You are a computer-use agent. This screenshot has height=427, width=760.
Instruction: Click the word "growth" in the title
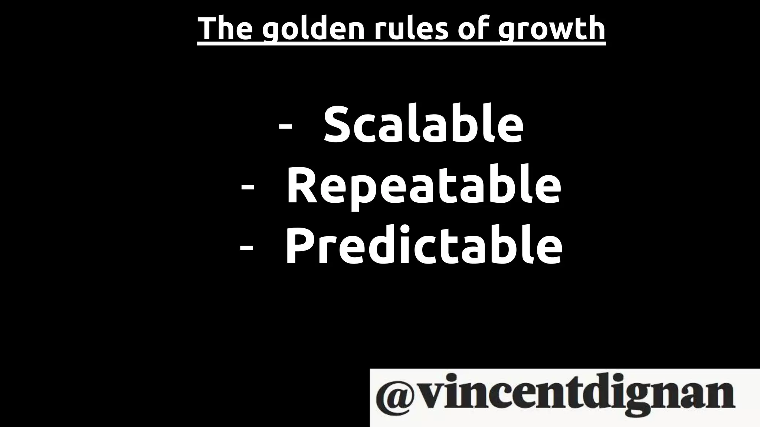click(551, 30)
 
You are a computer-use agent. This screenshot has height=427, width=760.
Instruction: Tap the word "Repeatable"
click(423, 186)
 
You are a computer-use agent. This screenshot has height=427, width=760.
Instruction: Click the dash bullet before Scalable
click(285, 126)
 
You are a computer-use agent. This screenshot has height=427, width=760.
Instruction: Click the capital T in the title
click(208, 29)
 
